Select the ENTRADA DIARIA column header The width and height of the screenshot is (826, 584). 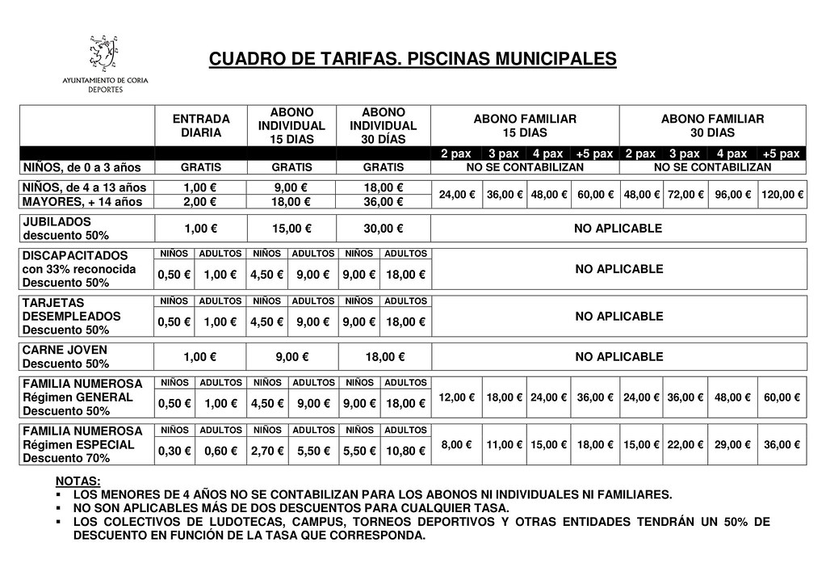coord(201,125)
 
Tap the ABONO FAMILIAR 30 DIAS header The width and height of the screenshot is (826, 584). coord(712,125)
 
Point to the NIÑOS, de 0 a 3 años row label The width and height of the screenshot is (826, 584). coord(82,168)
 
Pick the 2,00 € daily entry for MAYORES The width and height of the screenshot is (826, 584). coord(201,201)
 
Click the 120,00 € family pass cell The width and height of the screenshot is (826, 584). coord(782,195)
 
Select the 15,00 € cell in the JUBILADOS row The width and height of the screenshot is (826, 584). coord(292,229)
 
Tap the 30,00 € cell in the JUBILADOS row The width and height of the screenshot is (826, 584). coord(384,229)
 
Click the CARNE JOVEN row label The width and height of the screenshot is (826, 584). coord(65,357)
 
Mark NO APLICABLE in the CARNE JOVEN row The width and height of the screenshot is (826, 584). coord(618,357)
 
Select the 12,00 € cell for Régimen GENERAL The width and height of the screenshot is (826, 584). coord(457,397)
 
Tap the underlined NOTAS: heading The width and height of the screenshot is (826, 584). coord(78,481)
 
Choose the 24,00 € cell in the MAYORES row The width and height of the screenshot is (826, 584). coord(457,195)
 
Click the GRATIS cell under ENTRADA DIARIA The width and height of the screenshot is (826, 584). coord(201,168)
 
